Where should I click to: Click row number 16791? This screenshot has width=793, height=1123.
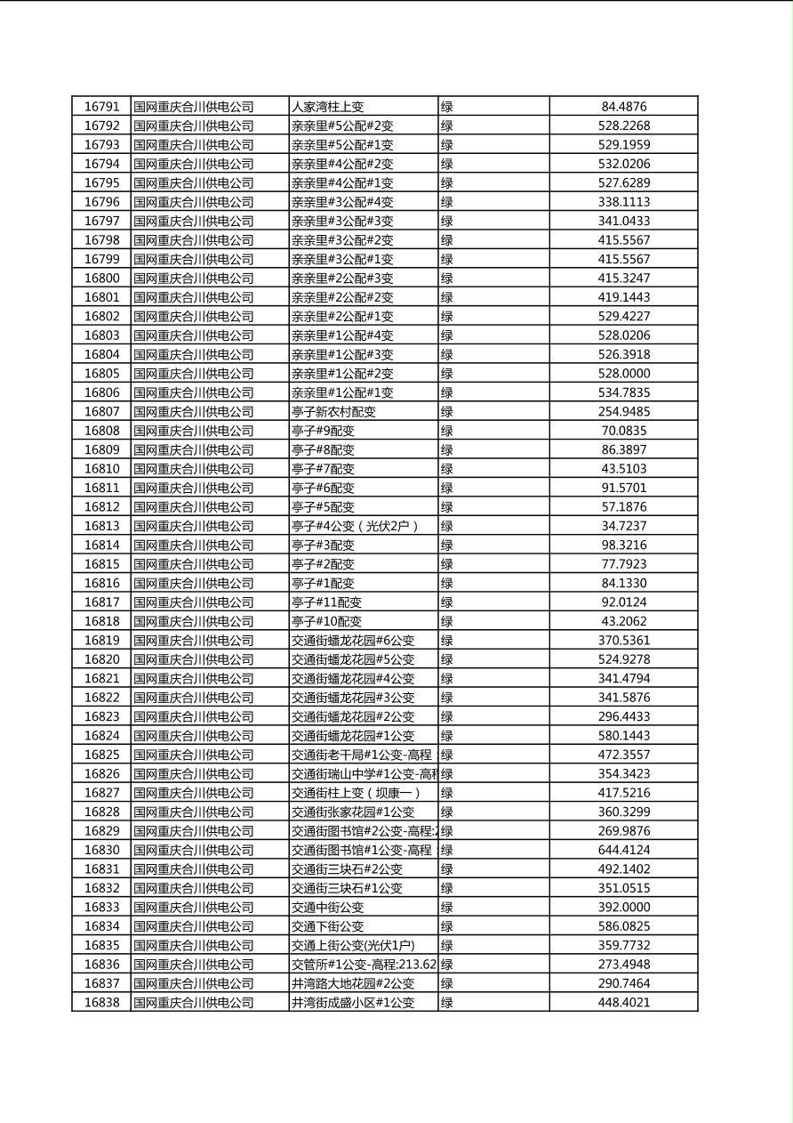coord(101,107)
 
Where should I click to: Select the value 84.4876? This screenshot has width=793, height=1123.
coord(623,107)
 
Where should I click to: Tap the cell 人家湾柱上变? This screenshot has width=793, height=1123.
coord(328,107)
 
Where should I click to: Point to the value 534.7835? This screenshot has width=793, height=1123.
coord(623,392)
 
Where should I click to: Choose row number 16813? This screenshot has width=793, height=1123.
coord(101,526)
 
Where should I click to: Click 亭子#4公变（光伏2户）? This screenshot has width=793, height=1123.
coord(355,526)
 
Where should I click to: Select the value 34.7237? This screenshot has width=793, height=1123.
coord(623,526)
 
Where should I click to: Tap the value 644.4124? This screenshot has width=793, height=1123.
coord(623,850)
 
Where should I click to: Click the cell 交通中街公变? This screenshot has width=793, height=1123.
coord(328,907)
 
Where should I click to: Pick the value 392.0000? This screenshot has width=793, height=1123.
coord(623,907)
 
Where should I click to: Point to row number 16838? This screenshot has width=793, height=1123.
coord(101,1002)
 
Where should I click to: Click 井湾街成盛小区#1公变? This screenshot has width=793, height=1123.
coord(353,1002)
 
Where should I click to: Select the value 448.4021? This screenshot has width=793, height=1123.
coord(623,1002)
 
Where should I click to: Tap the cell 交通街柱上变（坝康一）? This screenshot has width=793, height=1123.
coord(356,793)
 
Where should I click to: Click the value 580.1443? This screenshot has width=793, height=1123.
coord(623,736)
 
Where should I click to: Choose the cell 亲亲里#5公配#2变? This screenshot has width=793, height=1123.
coord(342,126)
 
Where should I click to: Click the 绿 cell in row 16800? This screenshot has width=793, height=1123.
coord(447,279)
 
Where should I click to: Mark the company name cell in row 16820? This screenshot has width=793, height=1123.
coord(194,659)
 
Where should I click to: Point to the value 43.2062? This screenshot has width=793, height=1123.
coord(623,621)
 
